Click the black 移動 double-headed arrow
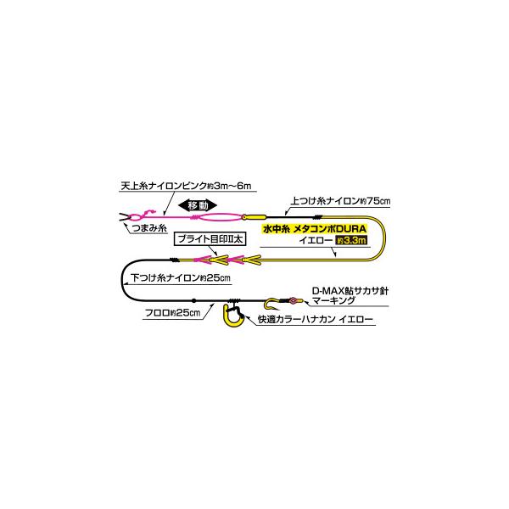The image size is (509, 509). point(198,205)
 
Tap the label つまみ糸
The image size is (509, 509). point(149,228)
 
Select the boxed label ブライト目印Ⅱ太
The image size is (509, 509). point(210,239)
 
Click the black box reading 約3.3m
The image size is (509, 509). point(351,241)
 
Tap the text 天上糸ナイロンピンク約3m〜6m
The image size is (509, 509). point(186,186)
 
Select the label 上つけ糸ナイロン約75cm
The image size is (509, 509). point(340,200)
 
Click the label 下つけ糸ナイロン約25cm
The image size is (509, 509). point(181,278)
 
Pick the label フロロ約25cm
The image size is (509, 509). point(172,313)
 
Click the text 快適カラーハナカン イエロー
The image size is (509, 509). point(316,320)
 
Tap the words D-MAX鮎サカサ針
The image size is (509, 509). point(350,290)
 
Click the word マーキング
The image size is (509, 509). point(333,300)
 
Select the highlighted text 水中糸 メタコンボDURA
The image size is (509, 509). point(315,229)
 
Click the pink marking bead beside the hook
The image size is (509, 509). point(294,300)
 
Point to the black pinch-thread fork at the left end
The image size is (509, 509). point(125,217)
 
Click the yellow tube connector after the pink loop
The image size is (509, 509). point(254,217)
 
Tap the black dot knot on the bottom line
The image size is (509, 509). point(193,300)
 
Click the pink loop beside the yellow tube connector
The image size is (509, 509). point(220,217)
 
